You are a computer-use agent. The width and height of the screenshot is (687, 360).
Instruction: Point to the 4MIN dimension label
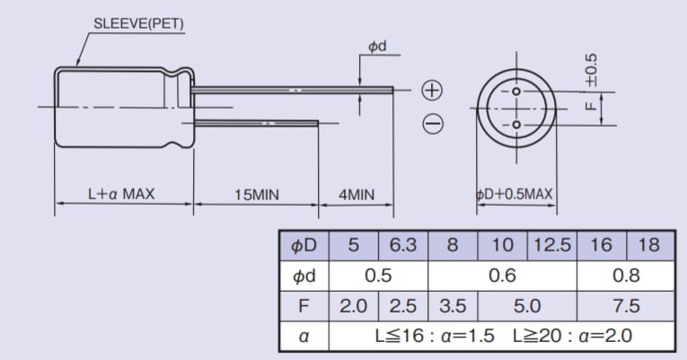point(356,194)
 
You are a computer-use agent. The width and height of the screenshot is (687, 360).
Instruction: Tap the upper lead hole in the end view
point(516,92)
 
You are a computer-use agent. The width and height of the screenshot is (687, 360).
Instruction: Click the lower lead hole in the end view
point(516,123)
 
